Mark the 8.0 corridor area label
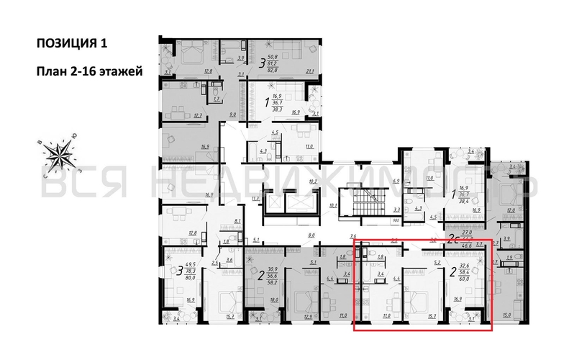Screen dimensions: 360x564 point(311,235)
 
